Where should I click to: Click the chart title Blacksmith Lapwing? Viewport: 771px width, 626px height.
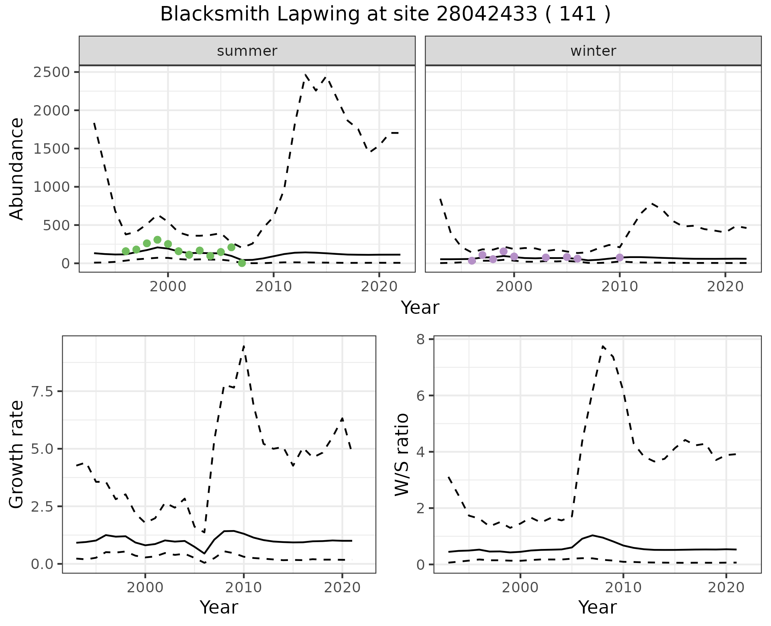click(385, 14)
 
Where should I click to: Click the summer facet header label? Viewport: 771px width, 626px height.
click(247, 51)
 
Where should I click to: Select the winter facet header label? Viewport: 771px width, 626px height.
click(593, 51)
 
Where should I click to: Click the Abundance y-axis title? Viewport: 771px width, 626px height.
click(17, 169)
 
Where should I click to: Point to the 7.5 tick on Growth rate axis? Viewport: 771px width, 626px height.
click(42, 392)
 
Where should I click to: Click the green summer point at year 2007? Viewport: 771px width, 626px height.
click(242, 263)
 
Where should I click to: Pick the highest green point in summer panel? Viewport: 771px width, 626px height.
click(157, 240)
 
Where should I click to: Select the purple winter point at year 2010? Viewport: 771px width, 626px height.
click(620, 257)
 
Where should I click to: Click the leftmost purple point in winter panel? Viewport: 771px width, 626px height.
click(472, 261)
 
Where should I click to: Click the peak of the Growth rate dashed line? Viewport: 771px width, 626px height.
click(244, 346)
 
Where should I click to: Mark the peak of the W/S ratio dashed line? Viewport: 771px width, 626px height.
click(603, 346)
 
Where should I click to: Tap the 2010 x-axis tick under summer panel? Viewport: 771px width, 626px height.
click(273, 286)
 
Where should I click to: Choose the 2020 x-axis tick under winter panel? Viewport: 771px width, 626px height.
click(725, 286)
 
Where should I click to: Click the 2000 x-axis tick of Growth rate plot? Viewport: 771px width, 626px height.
click(145, 587)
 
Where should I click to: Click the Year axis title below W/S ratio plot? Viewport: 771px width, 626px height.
click(597, 608)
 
